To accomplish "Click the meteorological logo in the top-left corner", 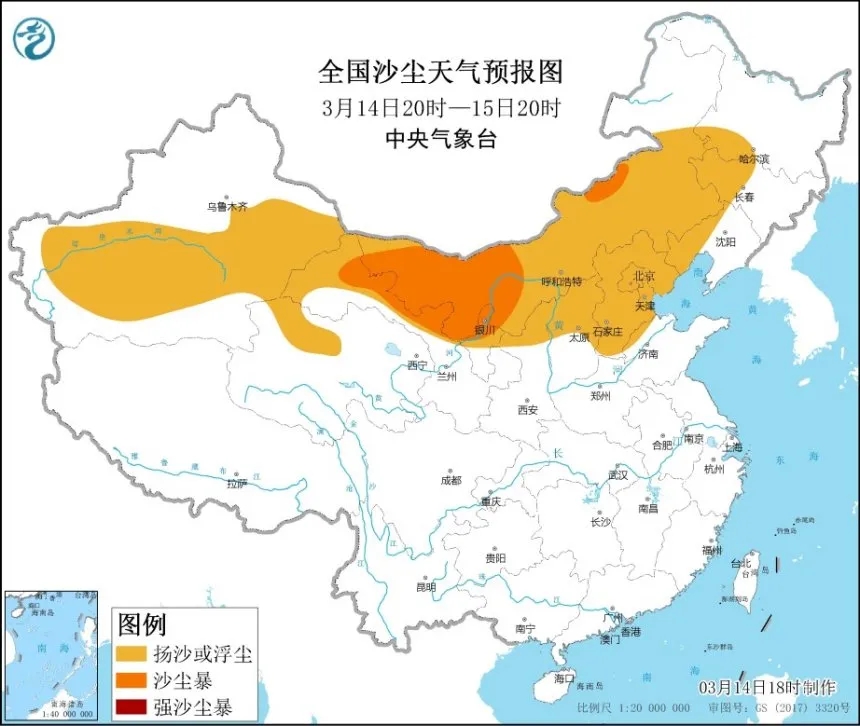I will (x=34, y=37).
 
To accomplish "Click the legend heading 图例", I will (x=142, y=627).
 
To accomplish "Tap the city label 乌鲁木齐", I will (x=226, y=206).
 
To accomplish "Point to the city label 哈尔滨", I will (x=754, y=158).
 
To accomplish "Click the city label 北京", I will (x=643, y=275).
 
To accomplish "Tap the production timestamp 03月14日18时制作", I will (x=769, y=688).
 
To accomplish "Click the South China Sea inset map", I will (x=52, y=656).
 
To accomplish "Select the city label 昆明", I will (x=426, y=586).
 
